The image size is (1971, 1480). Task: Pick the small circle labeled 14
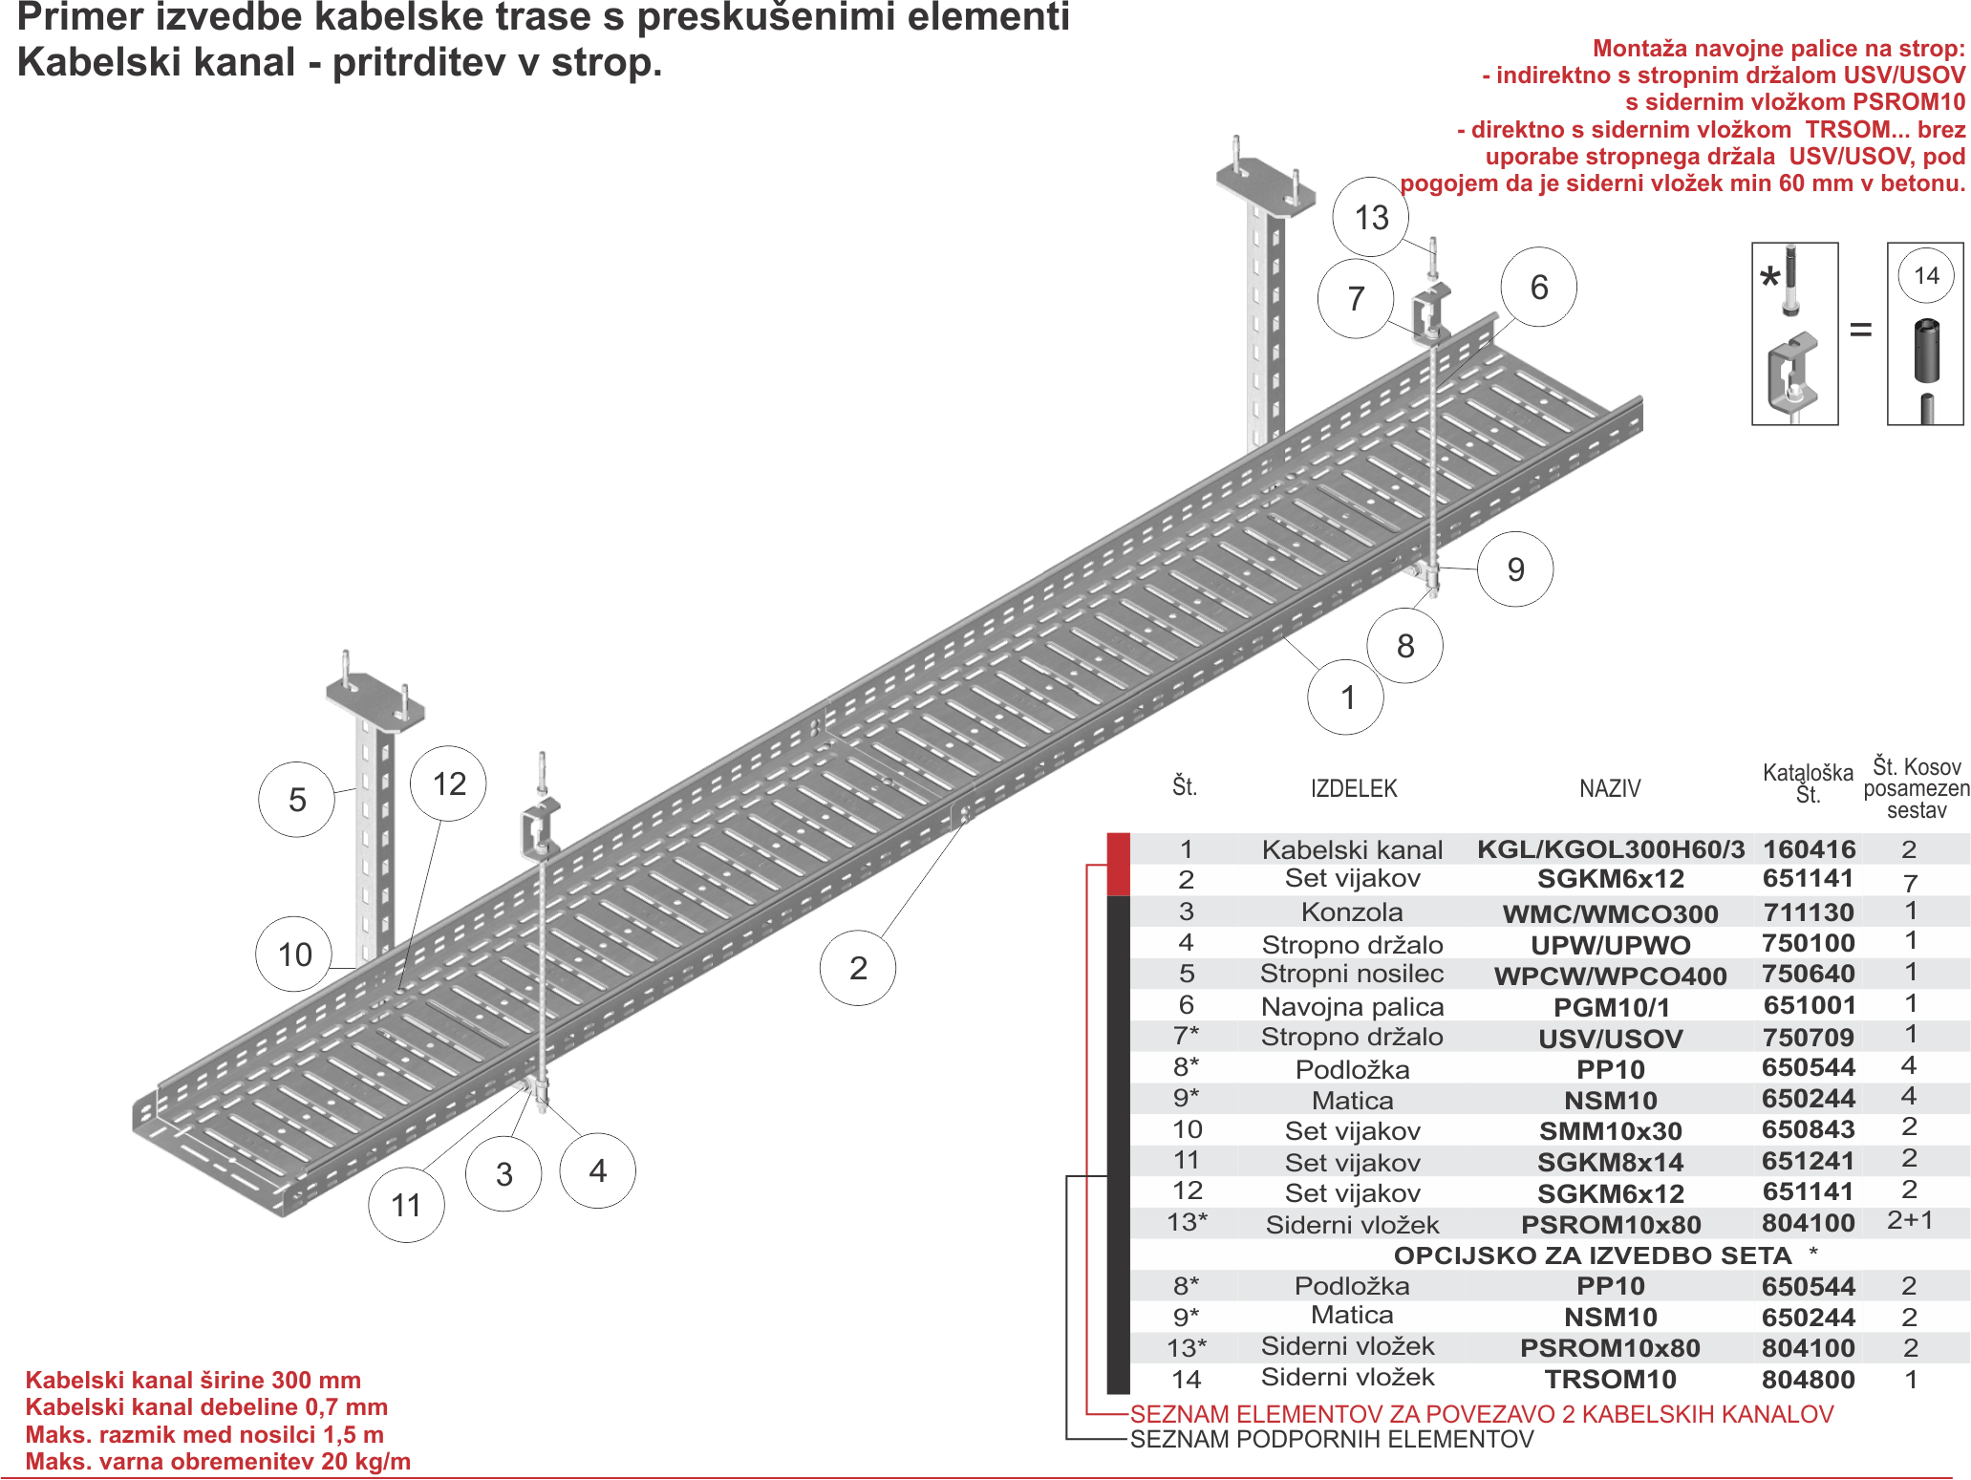1926,276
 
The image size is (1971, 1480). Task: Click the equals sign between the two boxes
1861,331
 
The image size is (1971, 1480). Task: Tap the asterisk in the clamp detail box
1769,277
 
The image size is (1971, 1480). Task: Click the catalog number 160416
1809,848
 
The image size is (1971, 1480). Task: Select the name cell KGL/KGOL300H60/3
1611,849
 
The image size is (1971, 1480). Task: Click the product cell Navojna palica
1352,1006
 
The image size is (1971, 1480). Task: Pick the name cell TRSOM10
1611,1379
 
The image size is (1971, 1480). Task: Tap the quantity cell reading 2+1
1910,1220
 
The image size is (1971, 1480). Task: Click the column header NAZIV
1610,788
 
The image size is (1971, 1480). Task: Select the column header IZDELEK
1354,788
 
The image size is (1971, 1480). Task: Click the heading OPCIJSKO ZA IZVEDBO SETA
1593,1255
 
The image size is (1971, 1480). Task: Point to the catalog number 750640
1809,974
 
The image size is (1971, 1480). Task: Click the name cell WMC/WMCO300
1611,913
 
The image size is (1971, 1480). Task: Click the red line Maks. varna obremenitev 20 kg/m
218,1462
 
